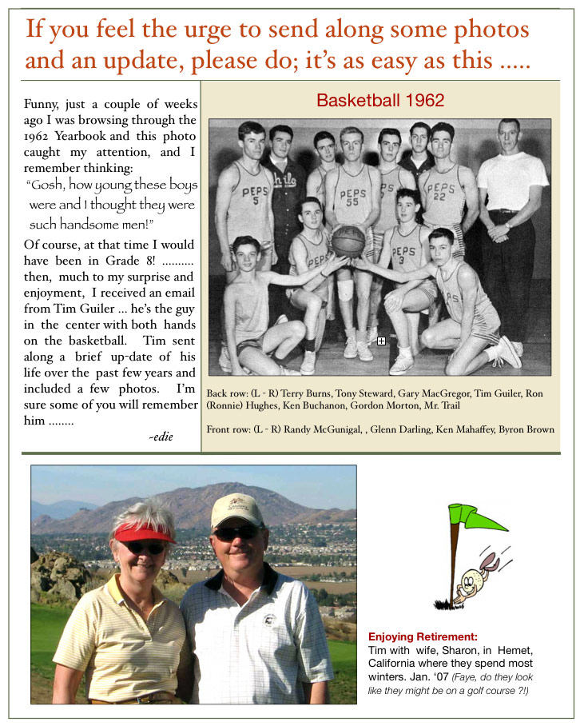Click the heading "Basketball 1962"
coord(380,102)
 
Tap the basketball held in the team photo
coord(348,241)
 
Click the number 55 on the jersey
coord(349,204)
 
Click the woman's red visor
coord(144,532)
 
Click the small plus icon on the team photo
coord(381,341)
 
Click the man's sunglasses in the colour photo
coord(236,533)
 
